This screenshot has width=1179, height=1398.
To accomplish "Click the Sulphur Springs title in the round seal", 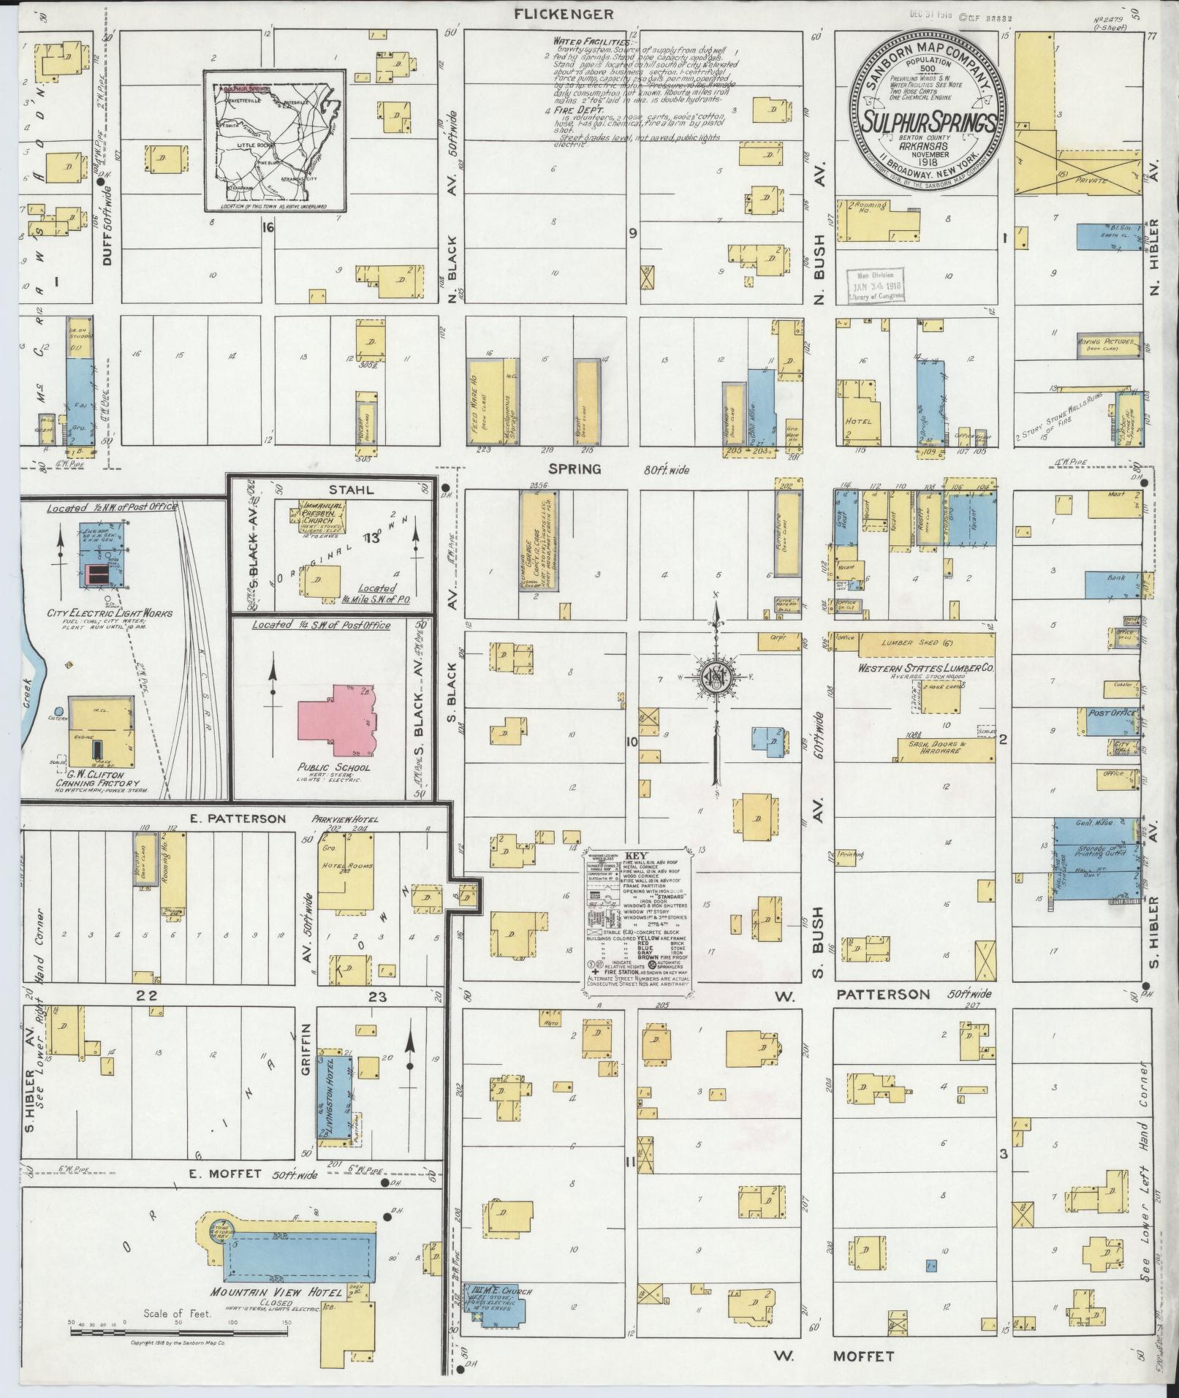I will click(927, 122).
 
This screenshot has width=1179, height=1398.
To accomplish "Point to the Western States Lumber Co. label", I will click(925, 668).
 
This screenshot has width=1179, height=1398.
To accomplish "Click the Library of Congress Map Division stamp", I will click(876, 285).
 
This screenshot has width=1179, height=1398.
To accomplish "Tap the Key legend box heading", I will click(632, 856).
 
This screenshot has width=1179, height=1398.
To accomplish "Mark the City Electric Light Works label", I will click(110, 612).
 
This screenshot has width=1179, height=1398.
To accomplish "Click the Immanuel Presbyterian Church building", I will click(322, 517).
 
